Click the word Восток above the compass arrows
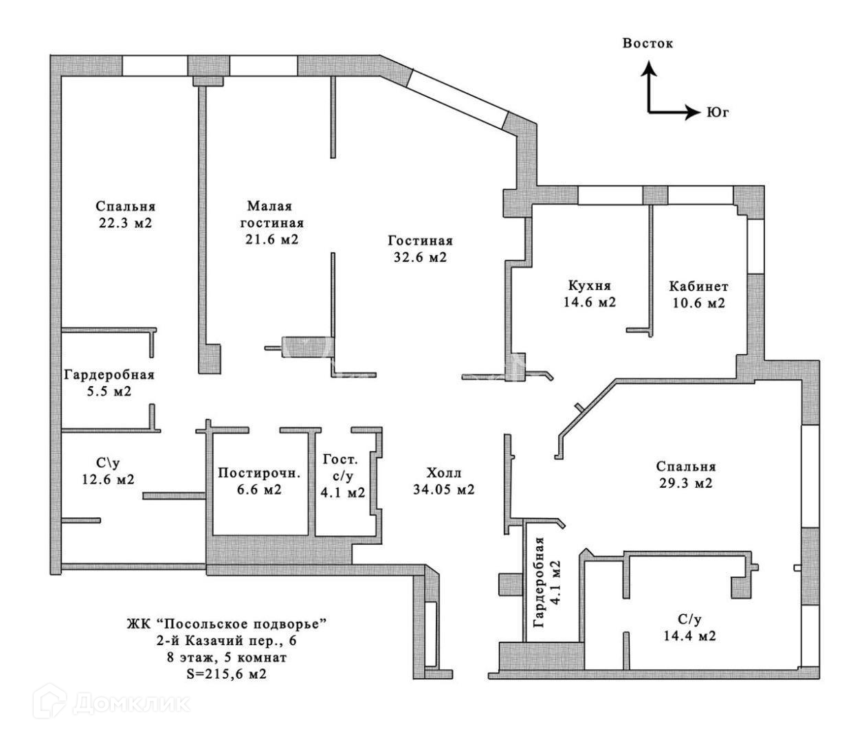(x=648, y=43)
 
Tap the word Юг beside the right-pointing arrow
(x=717, y=112)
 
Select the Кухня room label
(x=589, y=286)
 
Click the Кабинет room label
(x=698, y=286)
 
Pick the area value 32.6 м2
(x=420, y=258)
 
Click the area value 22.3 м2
(x=125, y=223)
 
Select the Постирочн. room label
(x=259, y=473)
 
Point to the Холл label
(x=443, y=473)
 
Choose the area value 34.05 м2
(x=443, y=490)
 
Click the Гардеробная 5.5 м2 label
(x=109, y=383)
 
